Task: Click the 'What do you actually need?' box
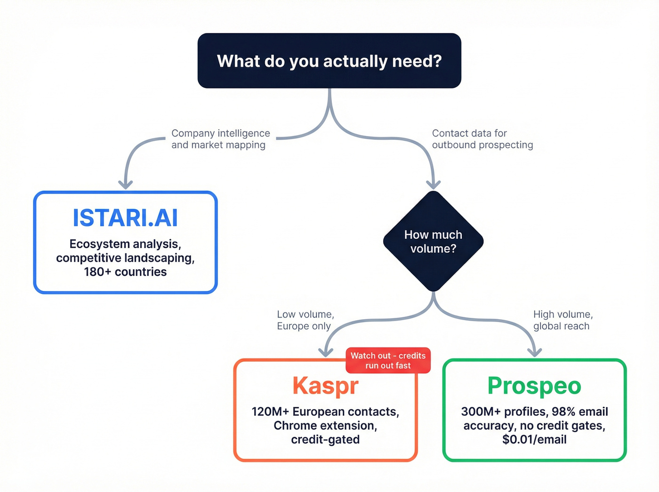(329, 61)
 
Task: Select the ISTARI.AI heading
(125, 218)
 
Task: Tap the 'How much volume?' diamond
(433, 242)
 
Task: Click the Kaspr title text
(325, 386)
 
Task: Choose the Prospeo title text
(534, 386)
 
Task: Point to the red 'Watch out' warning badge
(388, 361)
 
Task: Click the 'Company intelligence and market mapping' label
(220, 139)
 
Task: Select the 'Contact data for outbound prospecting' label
(482, 139)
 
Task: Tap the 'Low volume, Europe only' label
(305, 320)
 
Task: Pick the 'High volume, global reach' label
(563, 320)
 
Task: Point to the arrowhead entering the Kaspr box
(325, 352)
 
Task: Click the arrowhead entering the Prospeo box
(534, 352)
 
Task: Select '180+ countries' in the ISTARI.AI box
(125, 272)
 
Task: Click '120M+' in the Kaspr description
(270, 412)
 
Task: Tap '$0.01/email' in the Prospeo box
(534, 440)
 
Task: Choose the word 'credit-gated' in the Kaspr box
(325, 440)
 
